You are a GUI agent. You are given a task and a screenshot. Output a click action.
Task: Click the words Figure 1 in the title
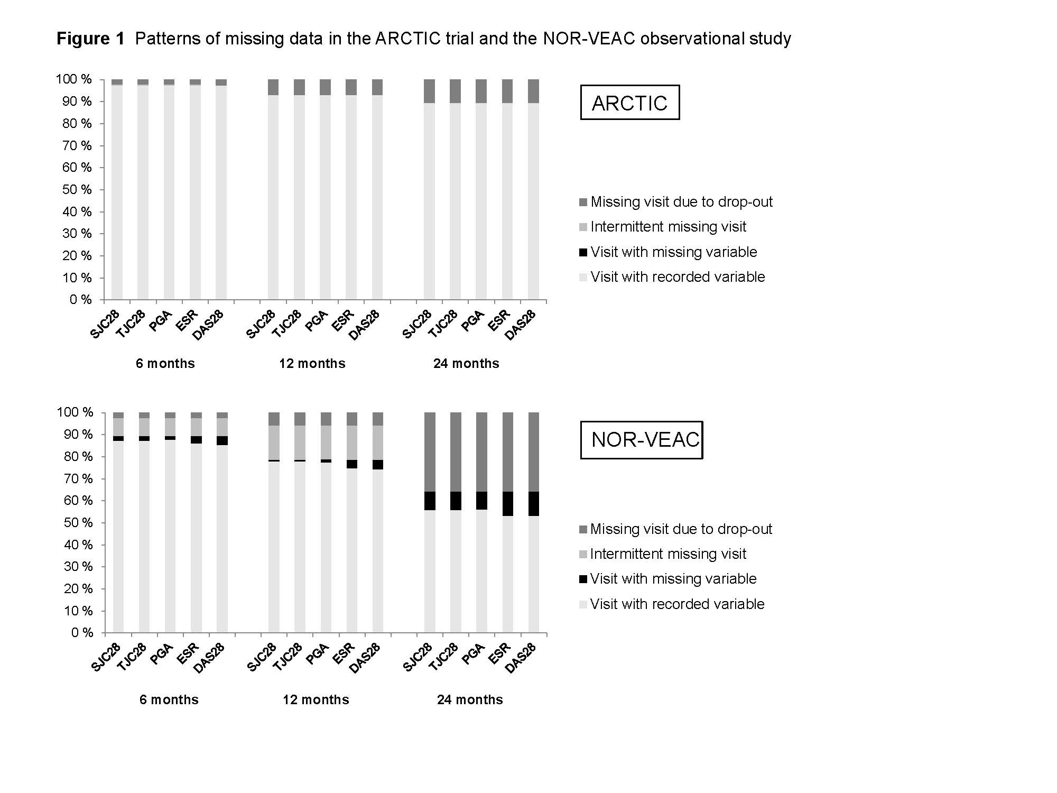click(90, 39)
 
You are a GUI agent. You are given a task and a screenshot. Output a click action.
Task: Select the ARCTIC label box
click(629, 103)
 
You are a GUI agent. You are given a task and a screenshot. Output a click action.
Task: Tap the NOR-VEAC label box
click(642, 440)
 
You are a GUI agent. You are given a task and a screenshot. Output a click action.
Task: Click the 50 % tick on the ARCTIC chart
click(77, 190)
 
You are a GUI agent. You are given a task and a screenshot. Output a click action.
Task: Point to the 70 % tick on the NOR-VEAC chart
click(78, 479)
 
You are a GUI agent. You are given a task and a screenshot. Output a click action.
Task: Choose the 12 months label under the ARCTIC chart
click(312, 364)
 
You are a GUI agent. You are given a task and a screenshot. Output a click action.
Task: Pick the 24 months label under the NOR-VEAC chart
click(470, 700)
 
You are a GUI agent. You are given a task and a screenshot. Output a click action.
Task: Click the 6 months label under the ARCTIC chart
click(165, 364)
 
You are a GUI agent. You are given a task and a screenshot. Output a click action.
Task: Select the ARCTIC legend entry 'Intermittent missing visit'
click(668, 227)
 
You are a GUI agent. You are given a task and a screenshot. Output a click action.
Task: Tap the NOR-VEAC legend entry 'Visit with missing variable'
click(673, 579)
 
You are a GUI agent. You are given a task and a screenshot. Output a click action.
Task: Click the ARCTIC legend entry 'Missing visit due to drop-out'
click(681, 202)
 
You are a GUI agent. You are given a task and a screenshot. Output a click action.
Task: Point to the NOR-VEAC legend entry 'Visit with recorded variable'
click(677, 604)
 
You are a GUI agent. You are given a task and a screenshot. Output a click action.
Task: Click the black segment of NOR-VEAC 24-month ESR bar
click(508, 504)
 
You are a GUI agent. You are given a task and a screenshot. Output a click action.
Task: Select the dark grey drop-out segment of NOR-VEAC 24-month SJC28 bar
click(430, 452)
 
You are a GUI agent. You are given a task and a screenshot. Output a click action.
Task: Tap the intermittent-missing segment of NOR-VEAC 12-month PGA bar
click(326, 442)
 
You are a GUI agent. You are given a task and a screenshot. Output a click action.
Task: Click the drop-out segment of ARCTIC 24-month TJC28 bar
click(455, 91)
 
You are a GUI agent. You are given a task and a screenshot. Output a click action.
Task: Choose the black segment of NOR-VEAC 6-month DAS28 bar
click(222, 441)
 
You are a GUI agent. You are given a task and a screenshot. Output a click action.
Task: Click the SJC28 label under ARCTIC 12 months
click(261, 324)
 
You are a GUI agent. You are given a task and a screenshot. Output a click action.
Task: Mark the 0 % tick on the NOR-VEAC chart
click(82, 633)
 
